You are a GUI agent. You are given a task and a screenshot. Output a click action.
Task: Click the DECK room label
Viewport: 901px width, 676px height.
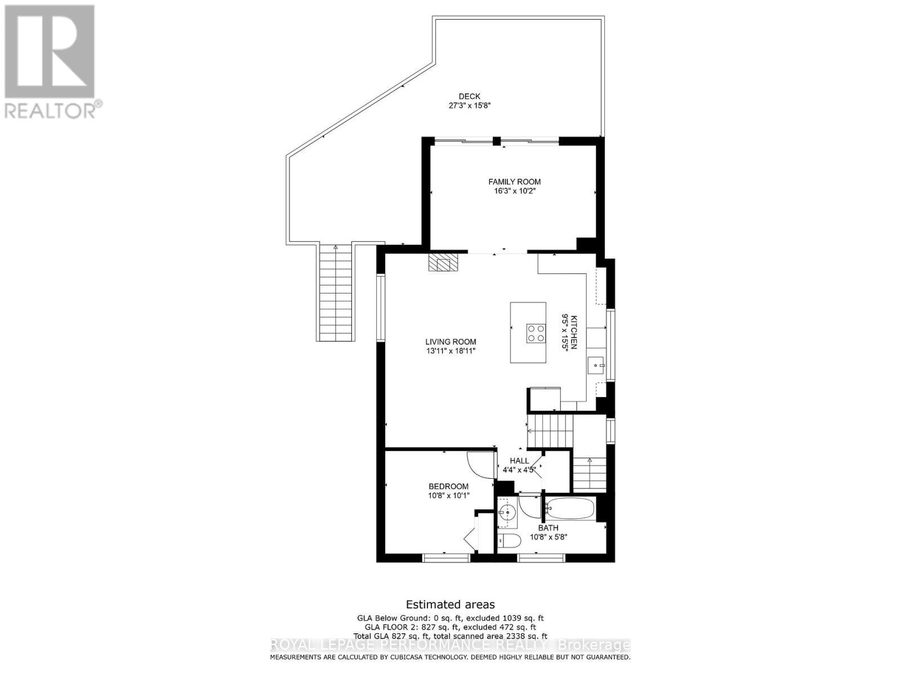469,96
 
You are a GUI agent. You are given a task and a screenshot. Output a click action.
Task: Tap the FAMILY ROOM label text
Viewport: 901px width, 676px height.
514,181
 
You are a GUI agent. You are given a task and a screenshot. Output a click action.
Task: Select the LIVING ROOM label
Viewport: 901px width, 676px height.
450,341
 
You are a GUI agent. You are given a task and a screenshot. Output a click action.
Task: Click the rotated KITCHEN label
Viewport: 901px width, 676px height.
574,332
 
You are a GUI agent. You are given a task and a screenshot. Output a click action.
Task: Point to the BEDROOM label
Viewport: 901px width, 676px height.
448,487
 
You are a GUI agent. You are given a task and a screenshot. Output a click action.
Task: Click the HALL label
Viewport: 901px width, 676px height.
519,461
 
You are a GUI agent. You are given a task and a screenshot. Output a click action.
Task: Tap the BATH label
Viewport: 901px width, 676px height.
548,528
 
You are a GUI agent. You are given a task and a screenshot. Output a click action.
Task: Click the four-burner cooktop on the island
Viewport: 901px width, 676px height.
536,333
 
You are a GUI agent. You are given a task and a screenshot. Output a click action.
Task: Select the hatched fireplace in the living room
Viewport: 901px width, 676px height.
443,263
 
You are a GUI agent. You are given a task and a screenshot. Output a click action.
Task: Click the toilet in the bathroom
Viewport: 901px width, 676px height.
509,541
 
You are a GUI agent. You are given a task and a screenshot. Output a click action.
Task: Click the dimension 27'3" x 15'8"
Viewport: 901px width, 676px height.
469,105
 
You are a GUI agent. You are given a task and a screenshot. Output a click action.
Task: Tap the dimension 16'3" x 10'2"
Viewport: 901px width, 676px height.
514,191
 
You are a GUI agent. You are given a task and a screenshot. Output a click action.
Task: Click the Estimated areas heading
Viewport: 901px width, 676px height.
450,604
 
